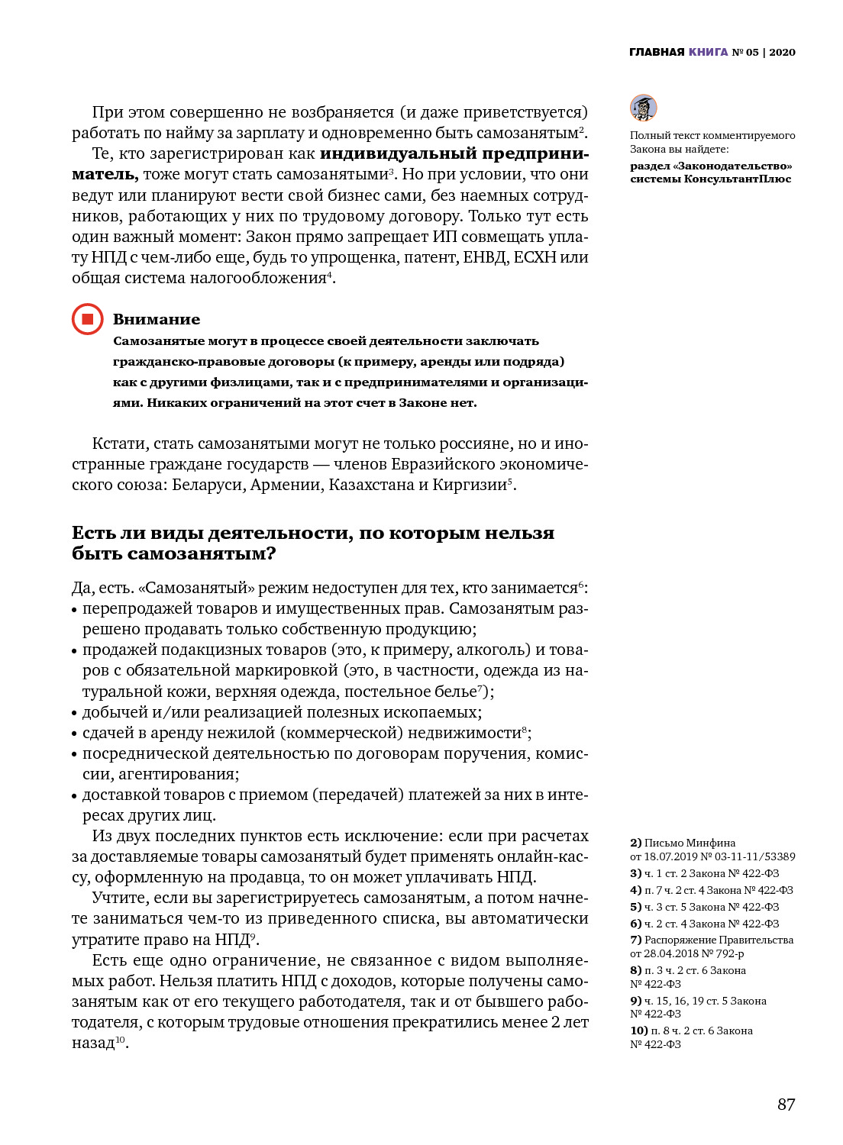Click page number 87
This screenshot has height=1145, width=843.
click(x=786, y=1104)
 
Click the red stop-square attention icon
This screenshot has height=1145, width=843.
click(x=87, y=319)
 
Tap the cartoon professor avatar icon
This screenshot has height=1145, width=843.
click(x=643, y=108)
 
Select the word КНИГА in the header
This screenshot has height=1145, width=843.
click(x=708, y=52)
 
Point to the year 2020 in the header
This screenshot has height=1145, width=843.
click(x=782, y=52)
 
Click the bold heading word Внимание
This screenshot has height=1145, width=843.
click(x=157, y=319)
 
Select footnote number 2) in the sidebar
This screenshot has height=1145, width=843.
click(x=635, y=843)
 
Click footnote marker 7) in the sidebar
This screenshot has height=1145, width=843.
click(x=635, y=940)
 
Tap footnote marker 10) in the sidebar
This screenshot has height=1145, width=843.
click(x=638, y=1030)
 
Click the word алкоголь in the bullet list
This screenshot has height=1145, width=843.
click(x=489, y=650)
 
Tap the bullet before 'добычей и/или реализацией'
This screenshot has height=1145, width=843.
click(x=75, y=713)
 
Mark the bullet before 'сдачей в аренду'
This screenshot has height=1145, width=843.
click(x=75, y=734)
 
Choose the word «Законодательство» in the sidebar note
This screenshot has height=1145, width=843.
click(x=733, y=166)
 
